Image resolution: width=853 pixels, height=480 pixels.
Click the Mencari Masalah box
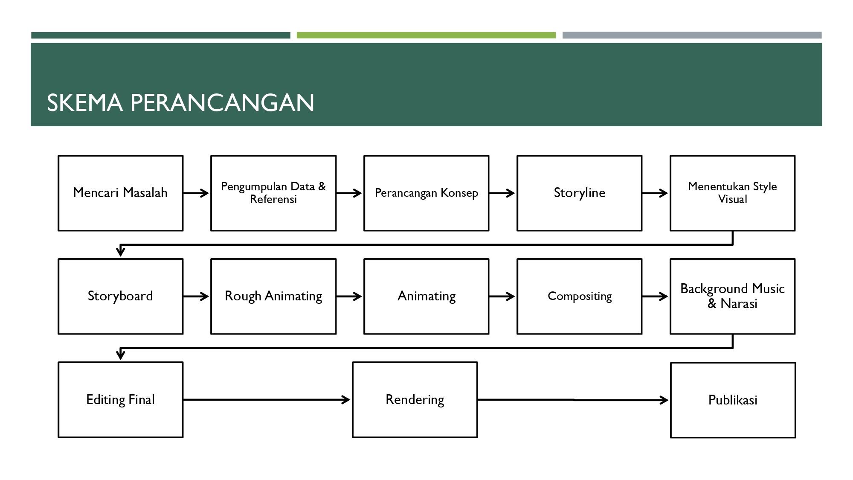click(120, 193)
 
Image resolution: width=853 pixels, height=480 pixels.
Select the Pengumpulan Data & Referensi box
click(273, 193)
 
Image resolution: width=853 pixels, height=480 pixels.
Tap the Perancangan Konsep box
click(426, 193)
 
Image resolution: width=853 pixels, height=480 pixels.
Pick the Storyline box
click(579, 193)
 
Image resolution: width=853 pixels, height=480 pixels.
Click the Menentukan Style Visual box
click(732, 193)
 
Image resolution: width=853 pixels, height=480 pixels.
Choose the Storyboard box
click(120, 296)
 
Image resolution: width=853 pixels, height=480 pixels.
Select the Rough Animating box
click(273, 296)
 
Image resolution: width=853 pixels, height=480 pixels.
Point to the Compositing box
click(579, 296)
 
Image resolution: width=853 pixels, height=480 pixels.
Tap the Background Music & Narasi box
click(732, 296)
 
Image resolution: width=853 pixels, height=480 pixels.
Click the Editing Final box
click(120, 400)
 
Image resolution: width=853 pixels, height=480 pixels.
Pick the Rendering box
click(415, 400)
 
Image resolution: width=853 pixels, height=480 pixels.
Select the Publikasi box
click(733, 400)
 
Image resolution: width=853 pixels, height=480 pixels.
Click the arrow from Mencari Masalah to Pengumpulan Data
click(197, 193)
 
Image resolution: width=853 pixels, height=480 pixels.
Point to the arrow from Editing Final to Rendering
click(267, 400)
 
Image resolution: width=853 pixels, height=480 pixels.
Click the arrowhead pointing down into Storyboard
click(121, 251)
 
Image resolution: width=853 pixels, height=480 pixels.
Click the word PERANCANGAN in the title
click(222, 103)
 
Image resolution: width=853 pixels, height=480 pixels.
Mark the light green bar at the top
click(426, 35)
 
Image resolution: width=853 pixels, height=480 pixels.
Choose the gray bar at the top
click(692, 35)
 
